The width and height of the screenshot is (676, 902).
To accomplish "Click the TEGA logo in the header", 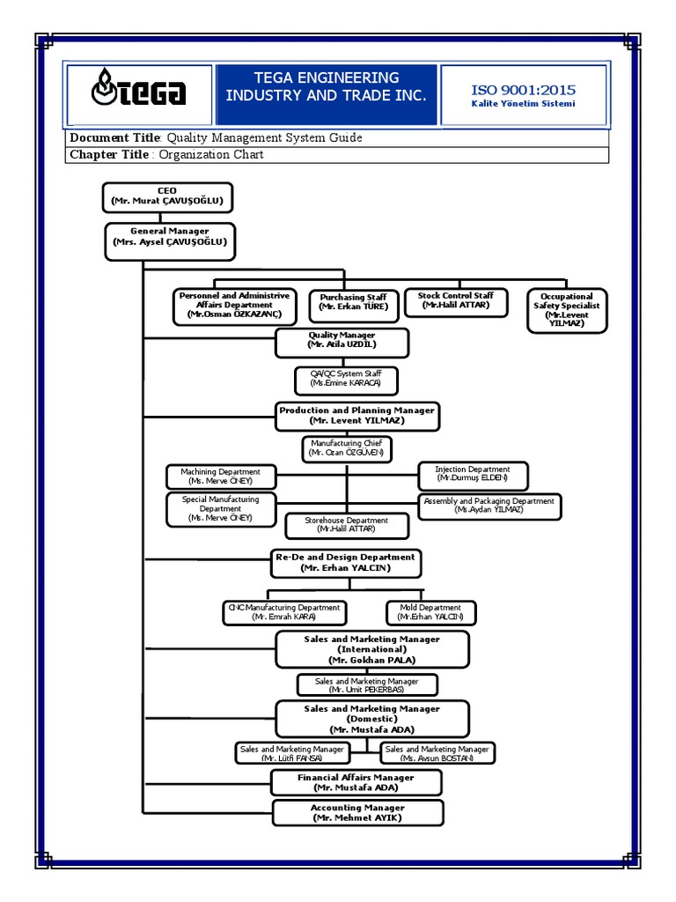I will (139, 92).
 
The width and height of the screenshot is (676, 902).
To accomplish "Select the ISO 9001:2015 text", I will (523, 91).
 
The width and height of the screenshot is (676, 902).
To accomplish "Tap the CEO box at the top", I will (167, 196).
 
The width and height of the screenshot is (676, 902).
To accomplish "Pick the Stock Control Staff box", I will (455, 301).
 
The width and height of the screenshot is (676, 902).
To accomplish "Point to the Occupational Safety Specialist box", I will (566, 310).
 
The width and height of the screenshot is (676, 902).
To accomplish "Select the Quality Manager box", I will (342, 341).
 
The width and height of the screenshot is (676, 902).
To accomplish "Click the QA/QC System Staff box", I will (346, 381).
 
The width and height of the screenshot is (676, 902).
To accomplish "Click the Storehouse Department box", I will (347, 525).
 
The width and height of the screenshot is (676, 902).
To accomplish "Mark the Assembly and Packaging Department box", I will (489, 506).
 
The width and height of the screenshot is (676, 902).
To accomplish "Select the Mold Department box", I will (430, 612).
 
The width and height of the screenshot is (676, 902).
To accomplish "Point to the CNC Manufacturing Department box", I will (283, 612).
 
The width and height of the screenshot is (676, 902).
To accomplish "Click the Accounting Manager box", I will (357, 813).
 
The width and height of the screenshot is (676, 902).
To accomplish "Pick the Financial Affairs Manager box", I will (356, 782).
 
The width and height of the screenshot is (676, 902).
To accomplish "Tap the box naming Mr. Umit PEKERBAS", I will (366, 685).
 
